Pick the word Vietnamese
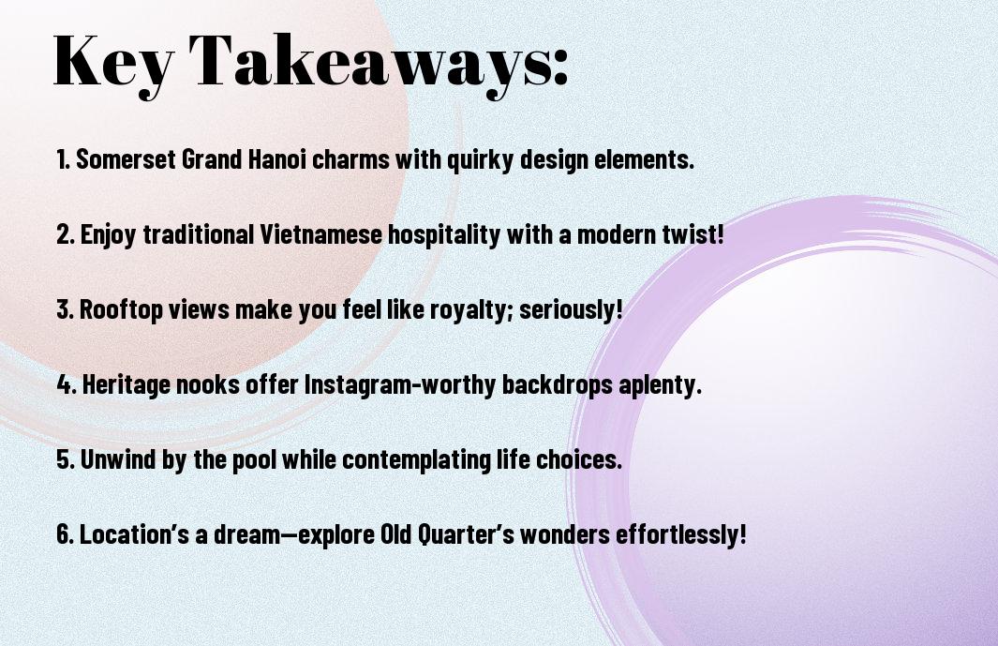tap(321, 234)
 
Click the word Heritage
tap(126, 385)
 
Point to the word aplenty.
tap(660, 385)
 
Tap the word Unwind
tap(117, 459)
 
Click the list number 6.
tap(65, 533)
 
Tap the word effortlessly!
tap(680, 533)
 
